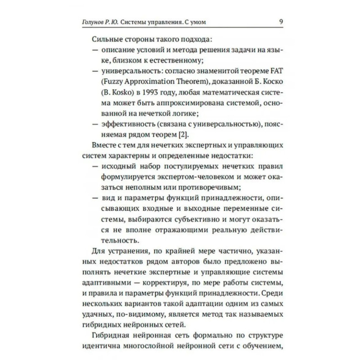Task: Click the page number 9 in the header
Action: pos(281,21)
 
